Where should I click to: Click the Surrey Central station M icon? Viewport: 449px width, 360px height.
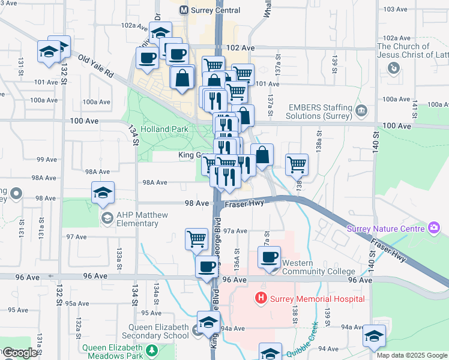[x=184, y=10]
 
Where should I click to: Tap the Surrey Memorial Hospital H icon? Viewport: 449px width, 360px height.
[x=261, y=298]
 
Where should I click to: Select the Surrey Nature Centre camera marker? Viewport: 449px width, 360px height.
[x=434, y=228]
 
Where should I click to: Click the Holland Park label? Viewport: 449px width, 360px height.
[x=164, y=128]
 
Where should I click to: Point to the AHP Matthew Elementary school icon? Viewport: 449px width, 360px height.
[x=107, y=218]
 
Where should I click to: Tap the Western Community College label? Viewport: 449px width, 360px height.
[x=318, y=267]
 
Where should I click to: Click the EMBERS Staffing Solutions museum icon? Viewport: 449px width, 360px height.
[x=361, y=110]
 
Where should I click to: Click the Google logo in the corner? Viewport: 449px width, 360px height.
[x=19, y=353]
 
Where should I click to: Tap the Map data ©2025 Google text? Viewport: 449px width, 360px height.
[x=411, y=355]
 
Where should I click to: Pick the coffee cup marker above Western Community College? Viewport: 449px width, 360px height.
[x=270, y=257]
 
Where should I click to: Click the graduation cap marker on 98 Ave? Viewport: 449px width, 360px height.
[x=103, y=193]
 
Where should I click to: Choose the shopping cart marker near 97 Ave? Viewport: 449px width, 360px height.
[x=196, y=239]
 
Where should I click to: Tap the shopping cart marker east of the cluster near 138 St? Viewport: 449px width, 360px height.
[x=297, y=163]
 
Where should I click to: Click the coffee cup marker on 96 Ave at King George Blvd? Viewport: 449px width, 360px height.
[x=206, y=266]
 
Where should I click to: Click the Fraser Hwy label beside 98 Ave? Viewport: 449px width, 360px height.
[x=244, y=205]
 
